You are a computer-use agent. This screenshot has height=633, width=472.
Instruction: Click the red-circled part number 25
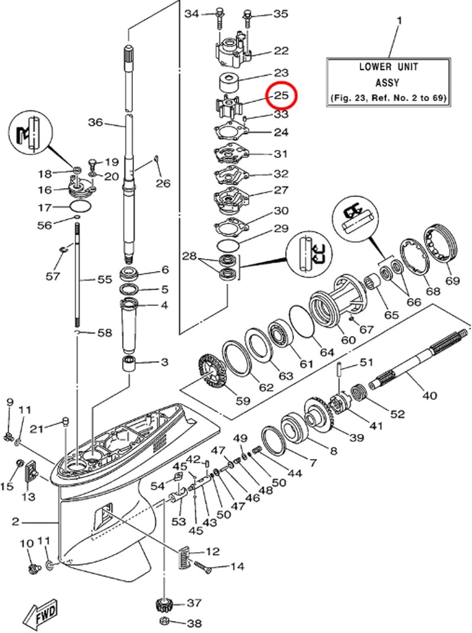click(281, 95)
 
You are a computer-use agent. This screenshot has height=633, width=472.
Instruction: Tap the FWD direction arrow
click(41, 615)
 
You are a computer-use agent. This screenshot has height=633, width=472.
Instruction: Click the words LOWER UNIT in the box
click(388, 67)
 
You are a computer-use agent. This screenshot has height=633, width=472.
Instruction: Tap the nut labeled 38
click(165, 622)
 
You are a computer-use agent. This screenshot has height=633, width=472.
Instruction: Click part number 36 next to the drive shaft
click(95, 122)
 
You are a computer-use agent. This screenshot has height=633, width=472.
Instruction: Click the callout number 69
click(453, 280)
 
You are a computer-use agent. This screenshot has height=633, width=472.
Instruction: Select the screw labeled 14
click(203, 567)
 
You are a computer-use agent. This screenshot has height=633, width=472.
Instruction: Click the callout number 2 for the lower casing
click(15, 522)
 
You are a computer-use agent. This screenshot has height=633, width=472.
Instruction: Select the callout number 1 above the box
click(400, 20)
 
